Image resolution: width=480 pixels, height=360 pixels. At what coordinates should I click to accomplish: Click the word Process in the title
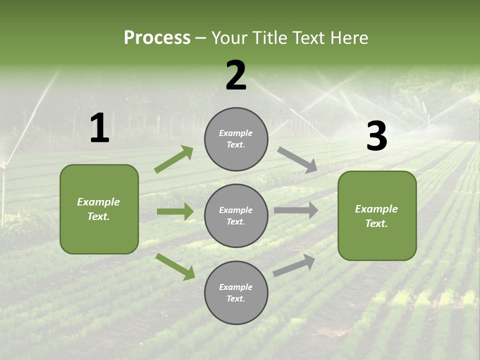(x=157, y=38)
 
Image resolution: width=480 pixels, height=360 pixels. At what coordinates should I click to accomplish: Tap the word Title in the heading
(x=271, y=38)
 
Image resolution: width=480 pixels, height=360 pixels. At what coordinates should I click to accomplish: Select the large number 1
(x=99, y=128)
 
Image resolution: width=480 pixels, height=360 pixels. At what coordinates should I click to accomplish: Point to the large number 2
(x=236, y=75)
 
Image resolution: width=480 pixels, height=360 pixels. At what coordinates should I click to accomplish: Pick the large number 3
(x=376, y=136)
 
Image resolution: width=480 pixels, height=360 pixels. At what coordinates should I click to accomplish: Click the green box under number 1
(x=99, y=209)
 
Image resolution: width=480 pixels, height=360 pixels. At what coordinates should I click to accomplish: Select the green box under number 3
(x=377, y=215)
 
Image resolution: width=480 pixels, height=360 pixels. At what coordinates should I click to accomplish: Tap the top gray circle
(x=236, y=139)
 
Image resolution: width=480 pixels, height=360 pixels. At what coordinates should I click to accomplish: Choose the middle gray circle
(x=236, y=215)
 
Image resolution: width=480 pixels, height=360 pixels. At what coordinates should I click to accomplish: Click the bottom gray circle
(x=236, y=292)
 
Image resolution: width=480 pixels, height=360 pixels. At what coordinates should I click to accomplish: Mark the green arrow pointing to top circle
(x=174, y=159)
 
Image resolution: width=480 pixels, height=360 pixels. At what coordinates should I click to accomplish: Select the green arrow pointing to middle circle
(x=175, y=211)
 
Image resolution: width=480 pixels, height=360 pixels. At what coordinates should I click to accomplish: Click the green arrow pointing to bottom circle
(x=175, y=266)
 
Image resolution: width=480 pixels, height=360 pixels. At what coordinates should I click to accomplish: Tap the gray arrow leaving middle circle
(x=295, y=210)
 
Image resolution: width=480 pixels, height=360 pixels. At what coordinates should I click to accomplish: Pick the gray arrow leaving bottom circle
(x=294, y=265)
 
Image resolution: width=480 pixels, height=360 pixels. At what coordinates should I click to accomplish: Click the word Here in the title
(x=348, y=38)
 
